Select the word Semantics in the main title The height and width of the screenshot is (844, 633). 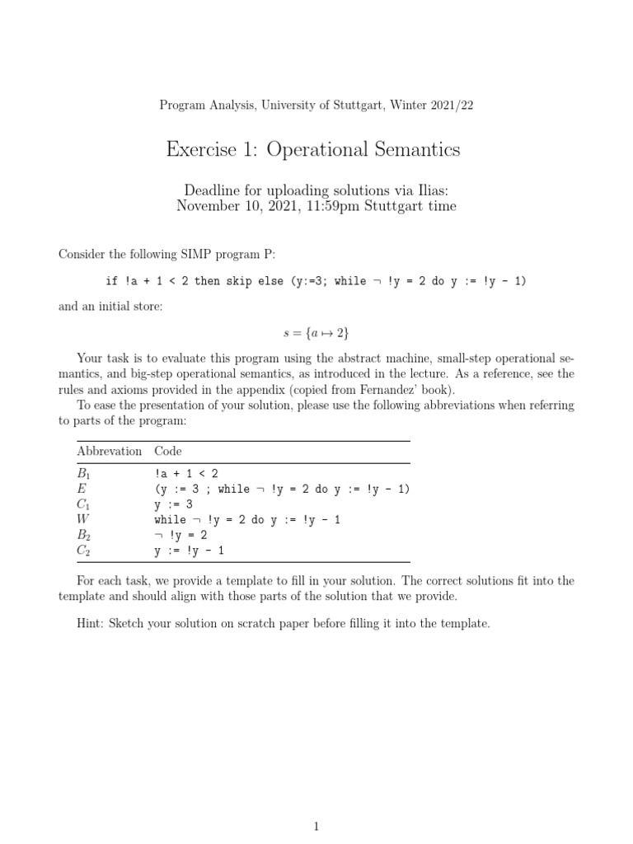point(419,149)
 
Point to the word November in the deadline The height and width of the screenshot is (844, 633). point(210,206)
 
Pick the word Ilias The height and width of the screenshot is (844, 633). point(427,190)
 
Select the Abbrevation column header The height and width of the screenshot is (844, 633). point(109,451)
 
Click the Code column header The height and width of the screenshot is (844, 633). point(167,451)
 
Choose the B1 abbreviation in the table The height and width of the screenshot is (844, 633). point(83,474)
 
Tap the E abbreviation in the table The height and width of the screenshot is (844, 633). point(81,489)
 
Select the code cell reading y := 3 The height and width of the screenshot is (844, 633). point(178,504)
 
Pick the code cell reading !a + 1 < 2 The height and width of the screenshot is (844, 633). point(186,474)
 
